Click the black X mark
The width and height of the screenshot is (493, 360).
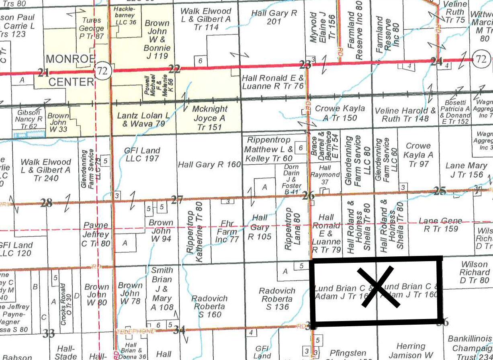(x=377, y=288)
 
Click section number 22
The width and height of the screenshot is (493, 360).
(x=174, y=69)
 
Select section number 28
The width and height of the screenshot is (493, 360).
(x=46, y=202)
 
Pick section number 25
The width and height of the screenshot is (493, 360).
(x=440, y=191)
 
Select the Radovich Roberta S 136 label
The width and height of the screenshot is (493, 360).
(x=277, y=299)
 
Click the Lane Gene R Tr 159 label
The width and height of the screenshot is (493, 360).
(x=441, y=225)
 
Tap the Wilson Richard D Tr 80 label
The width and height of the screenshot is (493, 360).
(x=475, y=272)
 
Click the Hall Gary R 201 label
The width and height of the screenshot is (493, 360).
(x=274, y=17)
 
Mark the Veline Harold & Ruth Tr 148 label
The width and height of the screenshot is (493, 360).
(x=405, y=115)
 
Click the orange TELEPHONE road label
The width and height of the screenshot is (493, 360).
(x=135, y=331)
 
